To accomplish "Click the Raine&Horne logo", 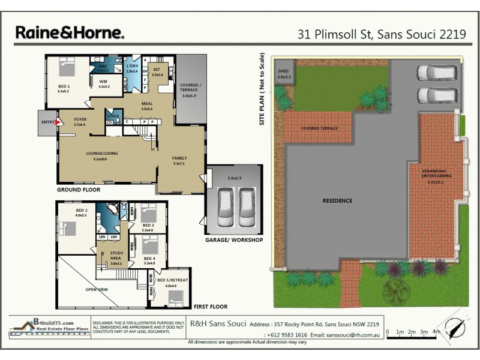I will click(x=70, y=32).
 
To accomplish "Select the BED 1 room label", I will click(x=64, y=86).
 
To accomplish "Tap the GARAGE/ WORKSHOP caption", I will click(x=235, y=240).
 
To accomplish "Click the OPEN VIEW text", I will click(x=97, y=289).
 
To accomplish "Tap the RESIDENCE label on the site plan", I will click(x=337, y=200).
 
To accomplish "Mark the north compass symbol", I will click(x=457, y=328).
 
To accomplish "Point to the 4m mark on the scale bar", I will click(x=436, y=331).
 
